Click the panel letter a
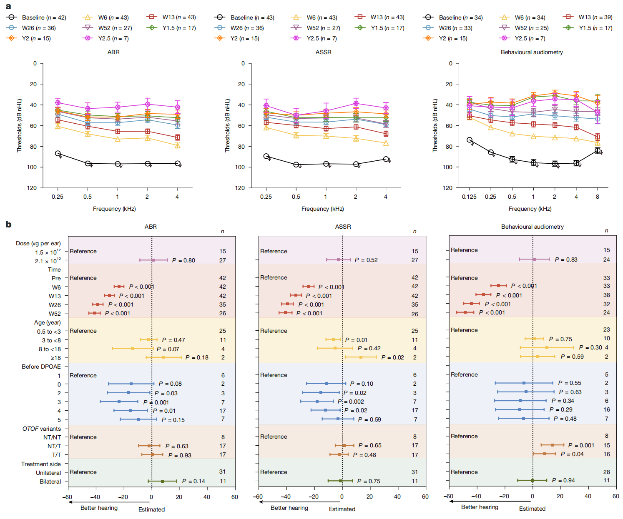tap(8, 6)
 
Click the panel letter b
tap(8, 225)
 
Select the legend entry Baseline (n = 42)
tap(44, 17)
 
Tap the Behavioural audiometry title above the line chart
tap(532, 52)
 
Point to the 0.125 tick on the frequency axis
tap(469, 197)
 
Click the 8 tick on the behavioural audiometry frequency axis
tap(597, 197)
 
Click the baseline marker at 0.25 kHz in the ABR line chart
tap(58, 153)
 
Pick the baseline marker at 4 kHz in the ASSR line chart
tap(386, 159)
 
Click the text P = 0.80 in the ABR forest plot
tap(183, 260)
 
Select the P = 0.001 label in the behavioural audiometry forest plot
tap(581, 445)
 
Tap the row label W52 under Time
tap(55, 314)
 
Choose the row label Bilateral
tap(50, 482)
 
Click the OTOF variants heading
tap(41, 429)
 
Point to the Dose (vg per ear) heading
tap(38, 243)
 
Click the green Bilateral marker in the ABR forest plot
tap(162, 481)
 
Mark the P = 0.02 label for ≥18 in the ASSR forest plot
tap(392, 357)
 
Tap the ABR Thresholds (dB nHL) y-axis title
tap(19, 125)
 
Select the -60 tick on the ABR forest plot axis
tap(67, 497)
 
